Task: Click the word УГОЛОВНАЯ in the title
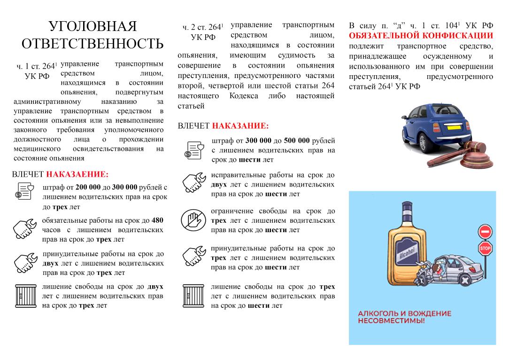tap(93, 26)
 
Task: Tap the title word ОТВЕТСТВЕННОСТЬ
tap(93, 44)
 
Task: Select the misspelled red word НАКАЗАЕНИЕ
tap(77, 174)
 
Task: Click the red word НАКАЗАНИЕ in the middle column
tap(240, 126)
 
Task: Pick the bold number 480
tap(158, 220)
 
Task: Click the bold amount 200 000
tap(88, 187)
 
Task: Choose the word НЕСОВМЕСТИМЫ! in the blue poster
tap(391, 321)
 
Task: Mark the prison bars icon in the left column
tap(23, 296)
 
